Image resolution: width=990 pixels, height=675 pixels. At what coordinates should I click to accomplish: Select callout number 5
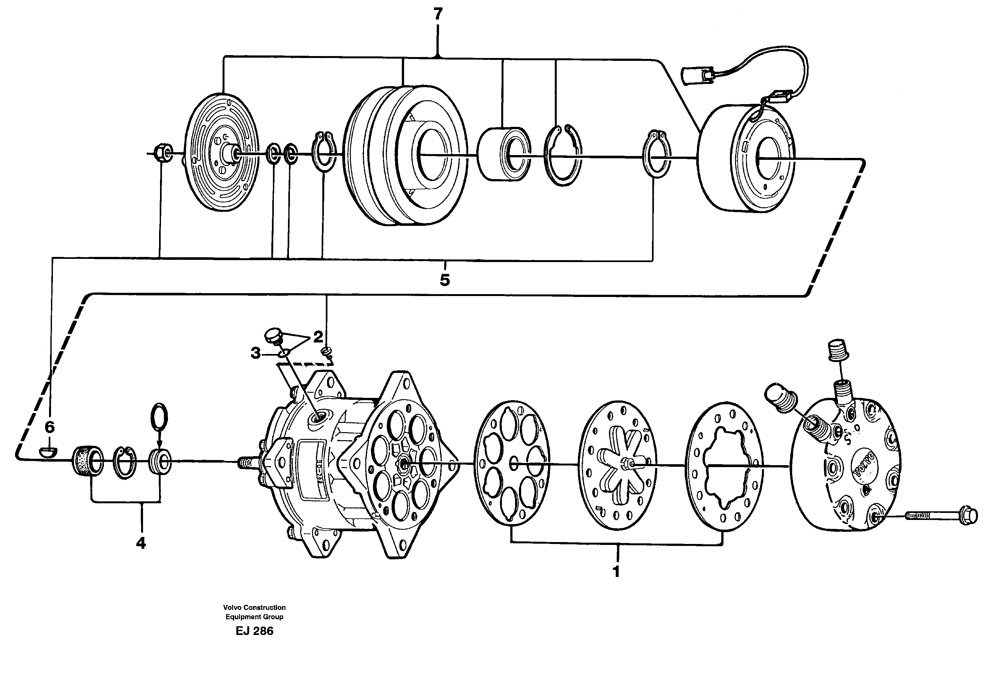[x=444, y=280]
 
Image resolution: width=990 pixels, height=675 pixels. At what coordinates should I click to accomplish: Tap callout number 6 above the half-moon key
[x=50, y=427]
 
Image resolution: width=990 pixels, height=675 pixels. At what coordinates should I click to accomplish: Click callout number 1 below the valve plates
[x=616, y=572]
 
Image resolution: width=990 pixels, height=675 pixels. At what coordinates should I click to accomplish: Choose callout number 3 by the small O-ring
[x=255, y=353]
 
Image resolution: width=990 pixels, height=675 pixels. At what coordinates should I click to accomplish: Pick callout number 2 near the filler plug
[x=318, y=337]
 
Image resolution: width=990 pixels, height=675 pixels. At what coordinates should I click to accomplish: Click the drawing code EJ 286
[x=254, y=631]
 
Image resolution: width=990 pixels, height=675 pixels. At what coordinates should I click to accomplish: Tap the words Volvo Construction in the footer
[x=254, y=607]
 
